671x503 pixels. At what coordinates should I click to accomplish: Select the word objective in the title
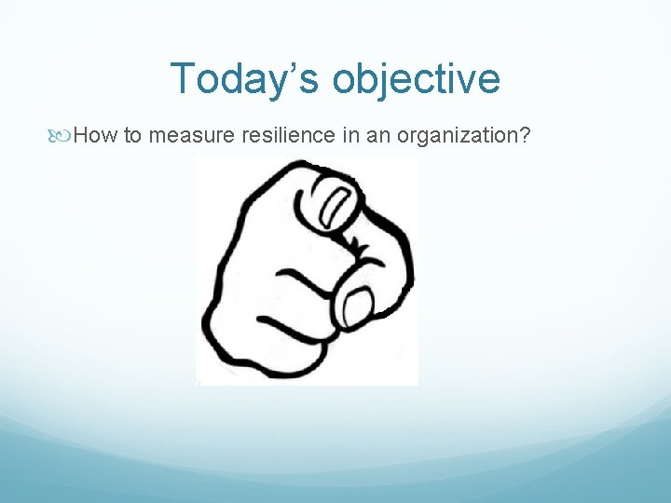415,79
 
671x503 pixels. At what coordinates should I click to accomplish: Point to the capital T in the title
183,79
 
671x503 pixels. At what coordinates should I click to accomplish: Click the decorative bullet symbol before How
62,137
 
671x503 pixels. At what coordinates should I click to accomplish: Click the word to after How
132,137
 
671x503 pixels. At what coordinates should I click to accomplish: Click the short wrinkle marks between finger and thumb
356,244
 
